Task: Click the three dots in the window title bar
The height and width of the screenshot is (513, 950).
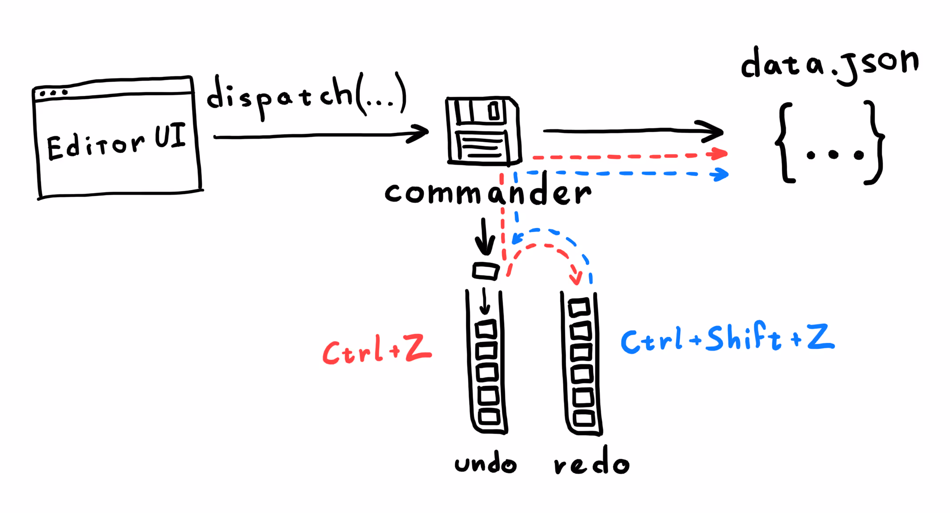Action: (53, 93)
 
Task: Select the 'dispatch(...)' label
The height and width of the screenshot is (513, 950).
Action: (306, 95)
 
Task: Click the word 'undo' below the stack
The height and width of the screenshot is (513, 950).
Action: (485, 464)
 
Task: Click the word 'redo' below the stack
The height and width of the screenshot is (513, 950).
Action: (591, 465)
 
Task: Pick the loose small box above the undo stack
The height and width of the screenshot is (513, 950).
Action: (485, 271)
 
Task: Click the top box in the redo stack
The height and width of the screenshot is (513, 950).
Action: (579, 307)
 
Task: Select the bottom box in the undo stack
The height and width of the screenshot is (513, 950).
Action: (489, 417)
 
